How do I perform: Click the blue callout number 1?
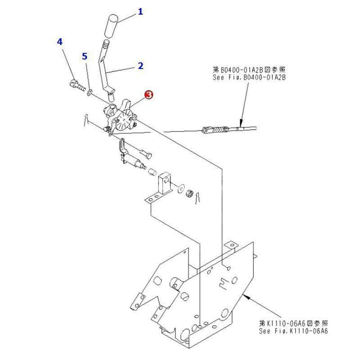click(x=140, y=12)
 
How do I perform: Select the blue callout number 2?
click(x=140, y=66)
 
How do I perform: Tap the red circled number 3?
click(x=148, y=94)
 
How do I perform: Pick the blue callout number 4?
click(x=60, y=42)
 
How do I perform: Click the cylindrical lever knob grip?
click(x=112, y=27)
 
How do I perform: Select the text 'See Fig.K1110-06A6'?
click(x=293, y=331)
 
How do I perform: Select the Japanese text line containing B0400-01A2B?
click(x=249, y=70)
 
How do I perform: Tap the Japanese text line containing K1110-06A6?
click(x=293, y=324)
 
